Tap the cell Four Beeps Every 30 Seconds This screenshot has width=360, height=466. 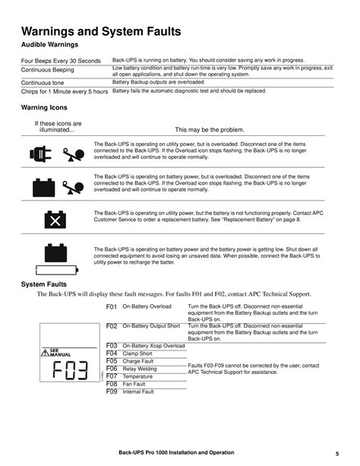[61, 60]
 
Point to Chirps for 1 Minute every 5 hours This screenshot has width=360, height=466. [65, 90]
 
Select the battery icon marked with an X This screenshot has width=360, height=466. [55, 220]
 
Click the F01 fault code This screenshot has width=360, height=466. [112, 306]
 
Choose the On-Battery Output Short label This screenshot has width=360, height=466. [151, 325]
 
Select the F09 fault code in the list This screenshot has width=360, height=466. [112, 392]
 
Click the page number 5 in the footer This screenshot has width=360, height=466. [336, 453]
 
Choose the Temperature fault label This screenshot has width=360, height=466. [138, 376]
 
